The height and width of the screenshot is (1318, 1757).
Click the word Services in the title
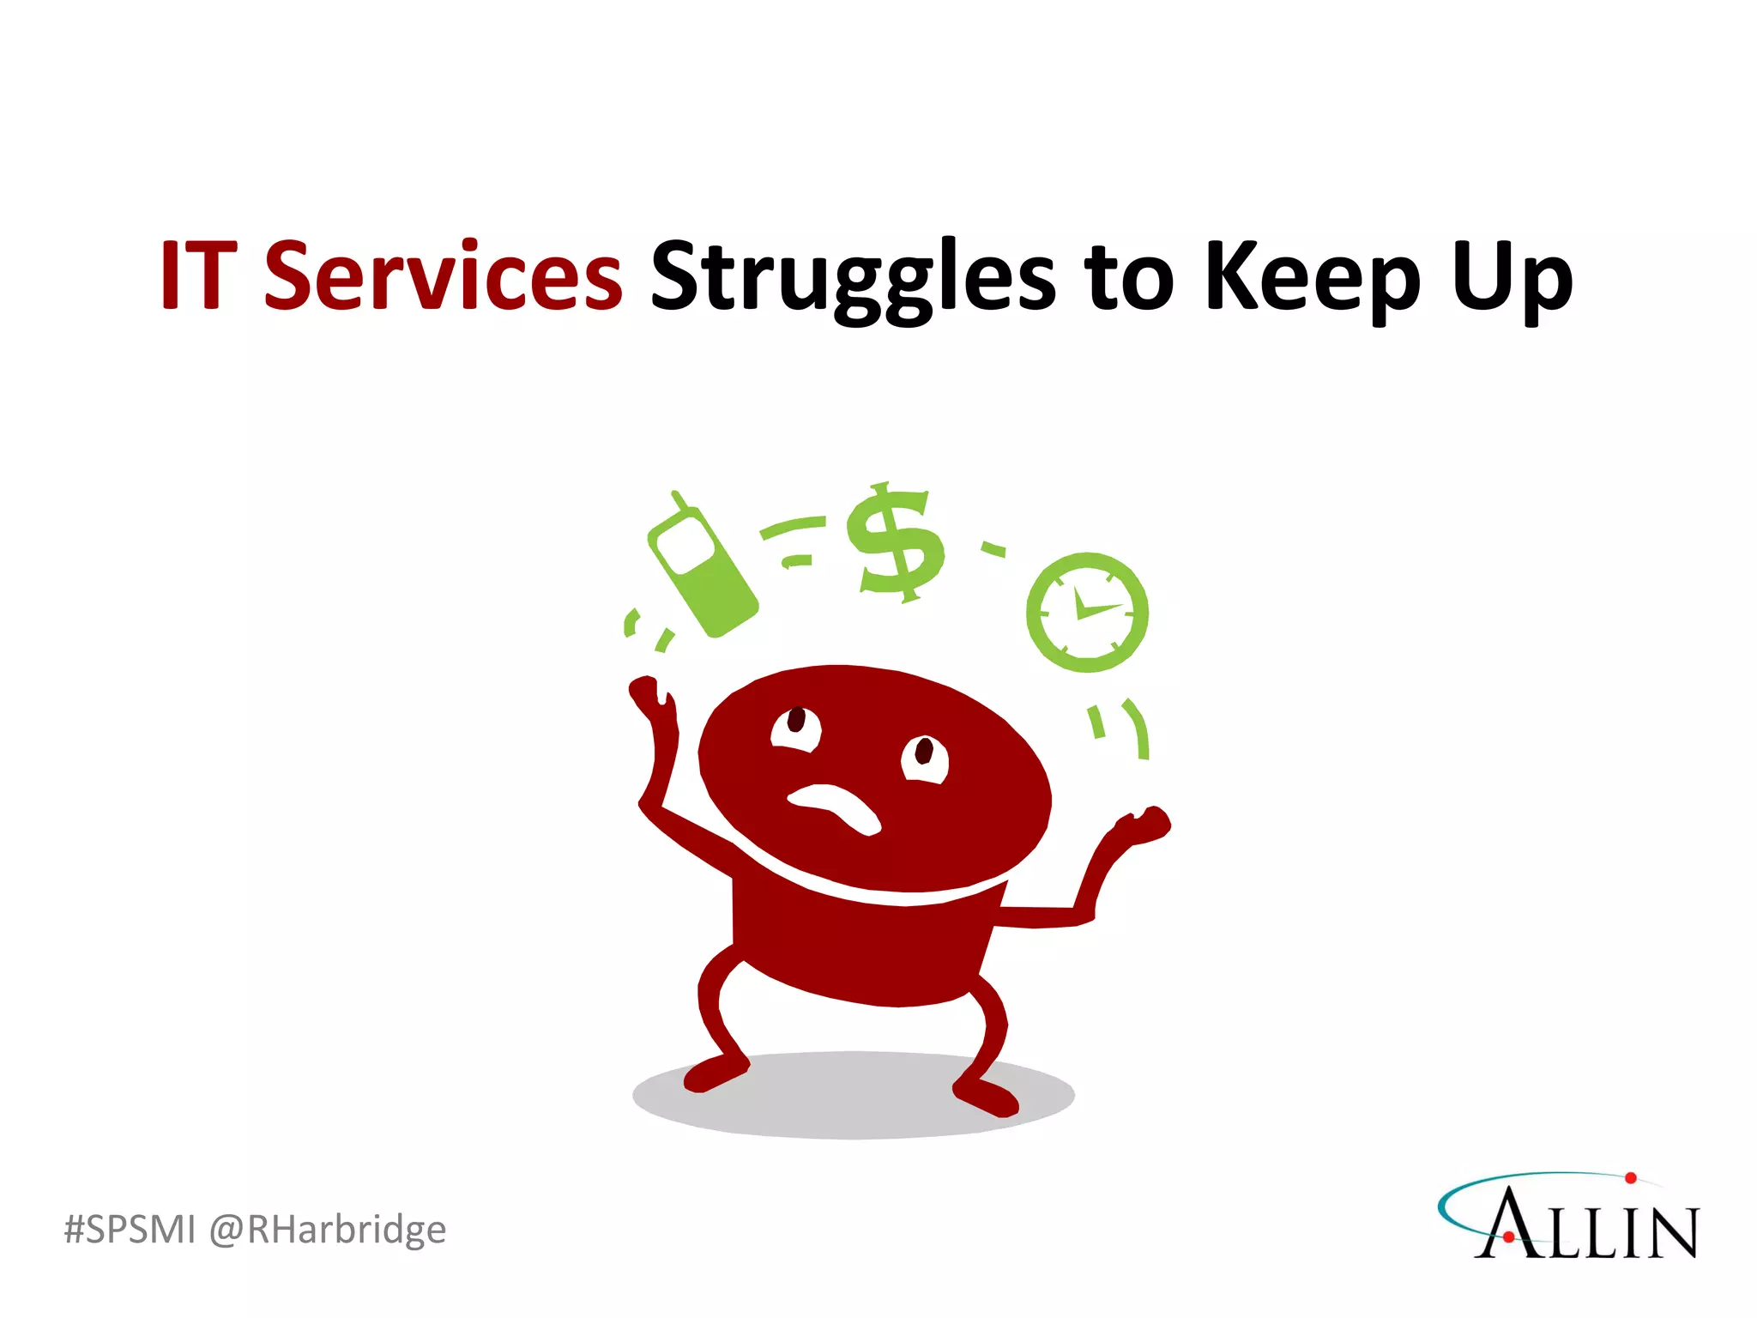[443, 276]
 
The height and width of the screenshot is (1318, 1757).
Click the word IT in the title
[198, 276]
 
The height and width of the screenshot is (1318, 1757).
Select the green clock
[1087, 613]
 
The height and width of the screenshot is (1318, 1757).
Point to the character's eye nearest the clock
[924, 759]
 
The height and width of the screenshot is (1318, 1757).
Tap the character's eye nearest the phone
[796, 728]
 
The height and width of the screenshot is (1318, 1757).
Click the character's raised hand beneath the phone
[649, 694]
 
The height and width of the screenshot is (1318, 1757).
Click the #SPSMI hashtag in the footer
[130, 1230]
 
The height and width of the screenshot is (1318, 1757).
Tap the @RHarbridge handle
[328, 1230]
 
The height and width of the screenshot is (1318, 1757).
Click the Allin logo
[1570, 1218]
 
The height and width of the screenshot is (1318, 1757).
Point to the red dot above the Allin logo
[1630, 1178]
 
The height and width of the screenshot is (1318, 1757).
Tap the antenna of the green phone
[680, 501]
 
